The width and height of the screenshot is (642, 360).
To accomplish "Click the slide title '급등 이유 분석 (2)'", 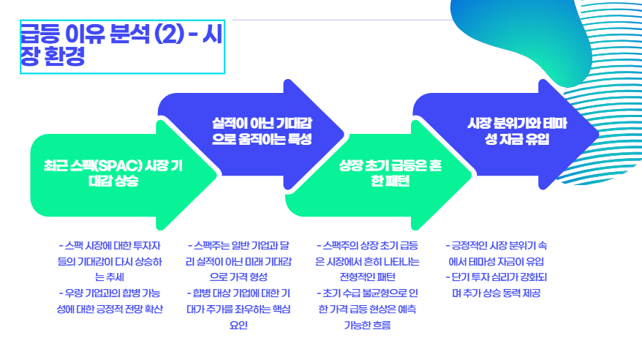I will [x=102, y=34].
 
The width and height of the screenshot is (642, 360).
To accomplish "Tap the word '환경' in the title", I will [x=62, y=57].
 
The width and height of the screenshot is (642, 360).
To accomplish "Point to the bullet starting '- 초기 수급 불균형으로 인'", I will [x=367, y=300].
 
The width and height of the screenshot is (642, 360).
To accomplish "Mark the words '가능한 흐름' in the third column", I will [x=367, y=325].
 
